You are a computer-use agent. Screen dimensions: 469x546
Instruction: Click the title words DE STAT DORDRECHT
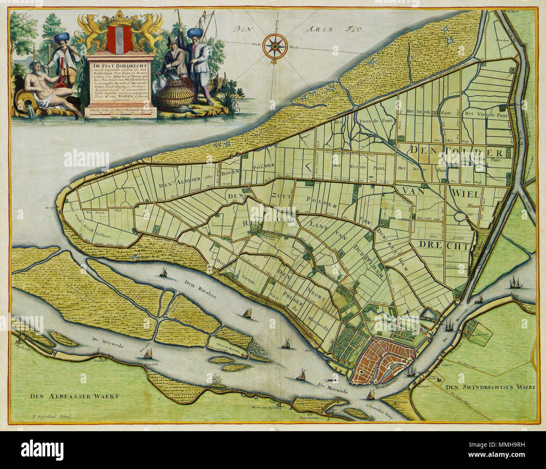pos(122,66)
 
